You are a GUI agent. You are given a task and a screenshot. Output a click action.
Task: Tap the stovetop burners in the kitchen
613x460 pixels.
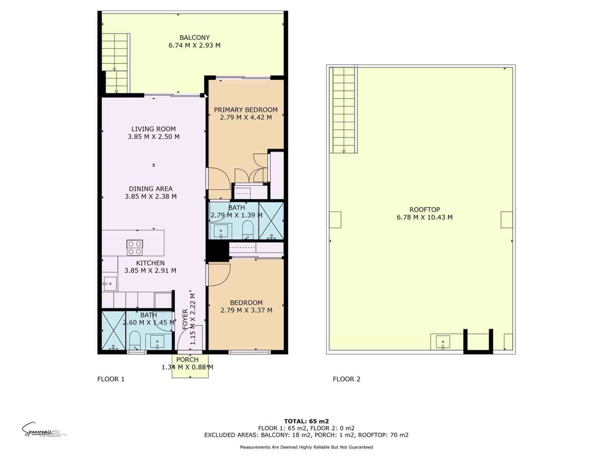click(x=135, y=248)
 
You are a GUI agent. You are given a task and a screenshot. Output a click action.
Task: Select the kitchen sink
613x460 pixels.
click(x=110, y=284)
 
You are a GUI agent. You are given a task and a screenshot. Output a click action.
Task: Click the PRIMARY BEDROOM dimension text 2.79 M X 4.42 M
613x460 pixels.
click(x=246, y=117)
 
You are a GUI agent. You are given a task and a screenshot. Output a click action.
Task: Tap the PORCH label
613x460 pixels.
click(x=187, y=360)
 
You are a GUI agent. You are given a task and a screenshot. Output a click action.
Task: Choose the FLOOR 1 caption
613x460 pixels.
click(x=111, y=379)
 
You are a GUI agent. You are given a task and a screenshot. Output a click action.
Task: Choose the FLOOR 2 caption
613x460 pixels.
click(x=346, y=379)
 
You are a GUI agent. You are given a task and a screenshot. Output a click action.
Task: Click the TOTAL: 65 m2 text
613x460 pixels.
click(x=306, y=421)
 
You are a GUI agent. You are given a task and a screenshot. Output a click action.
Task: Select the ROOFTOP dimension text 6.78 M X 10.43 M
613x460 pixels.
click(x=425, y=217)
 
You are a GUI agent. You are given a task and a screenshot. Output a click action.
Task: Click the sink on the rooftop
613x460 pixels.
click(x=443, y=342)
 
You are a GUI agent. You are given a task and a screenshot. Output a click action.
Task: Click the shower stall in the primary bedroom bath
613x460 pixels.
click(x=271, y=221)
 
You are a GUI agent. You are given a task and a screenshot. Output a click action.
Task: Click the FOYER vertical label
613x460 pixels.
click(x=185, y=319)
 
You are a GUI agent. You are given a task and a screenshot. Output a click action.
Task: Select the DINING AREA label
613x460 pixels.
click(x=151, y=189)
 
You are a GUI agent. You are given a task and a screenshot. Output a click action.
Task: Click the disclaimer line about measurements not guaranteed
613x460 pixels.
click(x=306, y=447)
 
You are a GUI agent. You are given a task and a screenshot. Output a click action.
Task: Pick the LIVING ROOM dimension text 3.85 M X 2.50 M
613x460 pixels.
click(x=153, y=136)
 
